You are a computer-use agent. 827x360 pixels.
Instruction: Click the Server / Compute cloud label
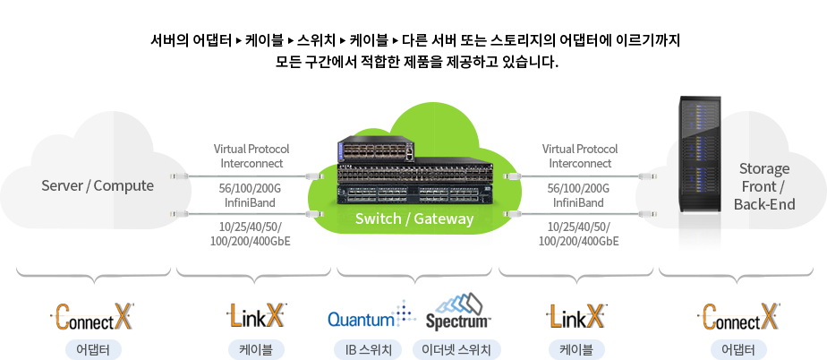pyautogui.click(x=98, y=186)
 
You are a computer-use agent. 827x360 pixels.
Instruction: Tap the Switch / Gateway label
pyautogui.click(x=413, y=219)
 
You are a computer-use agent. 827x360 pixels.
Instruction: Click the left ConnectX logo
pyautogui.click(x=92, y=317)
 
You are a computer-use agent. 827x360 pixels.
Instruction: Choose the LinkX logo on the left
pyautogui.click(x=256, y=315)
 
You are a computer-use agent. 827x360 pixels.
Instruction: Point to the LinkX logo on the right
pyautogui.click(x=576, y=315)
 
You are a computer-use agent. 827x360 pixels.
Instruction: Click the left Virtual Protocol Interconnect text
pyautogui.click(x=250, y=156)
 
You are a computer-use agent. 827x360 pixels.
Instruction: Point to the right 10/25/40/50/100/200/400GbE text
pyautogui.click(x=579, y=233)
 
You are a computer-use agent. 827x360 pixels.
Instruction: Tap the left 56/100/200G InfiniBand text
pyautogui.click(x=250, y=195)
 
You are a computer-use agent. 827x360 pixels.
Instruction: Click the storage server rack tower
pyautogui.click(x=700, y=170)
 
